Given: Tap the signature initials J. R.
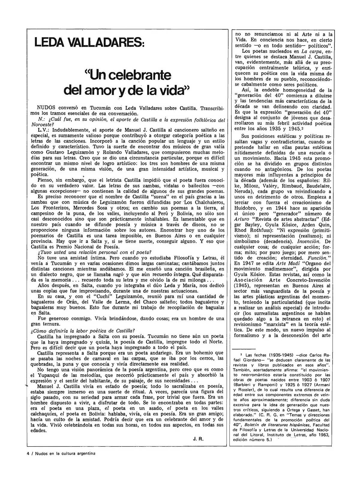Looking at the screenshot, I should coord(199,439).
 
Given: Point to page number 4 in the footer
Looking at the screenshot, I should coord(28,454).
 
